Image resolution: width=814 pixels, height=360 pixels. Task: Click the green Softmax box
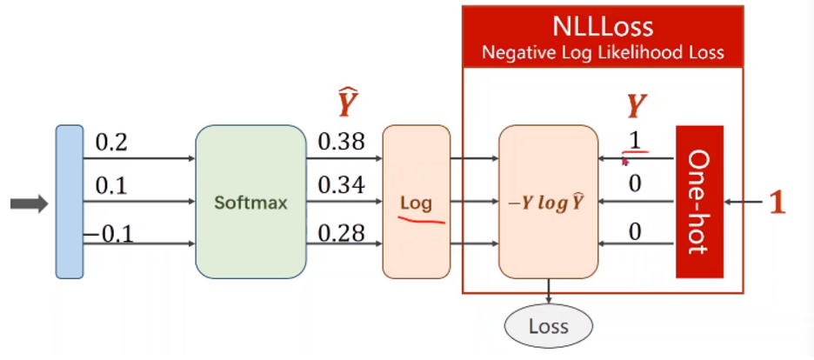[250, 203]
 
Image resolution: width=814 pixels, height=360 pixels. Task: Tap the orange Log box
[416, 203]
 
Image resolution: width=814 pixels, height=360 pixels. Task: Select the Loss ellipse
[548, 327]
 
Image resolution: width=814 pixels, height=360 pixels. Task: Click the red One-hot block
[699, 202]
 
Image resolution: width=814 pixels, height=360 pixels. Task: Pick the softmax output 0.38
[341, 142]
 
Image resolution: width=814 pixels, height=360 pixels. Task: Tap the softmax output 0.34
[341, 185]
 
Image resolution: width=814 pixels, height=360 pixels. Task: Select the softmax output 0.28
[341, 232]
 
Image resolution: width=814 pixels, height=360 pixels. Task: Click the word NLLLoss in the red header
[602, 25]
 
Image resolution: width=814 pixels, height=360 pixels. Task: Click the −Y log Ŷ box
[548, 203]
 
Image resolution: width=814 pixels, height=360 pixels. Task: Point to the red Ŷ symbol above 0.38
[347, 103]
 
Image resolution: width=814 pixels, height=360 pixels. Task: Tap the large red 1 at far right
[777, 203]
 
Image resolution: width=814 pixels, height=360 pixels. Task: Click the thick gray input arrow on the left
[28, 203]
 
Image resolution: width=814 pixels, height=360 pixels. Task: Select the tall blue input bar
[69, 202]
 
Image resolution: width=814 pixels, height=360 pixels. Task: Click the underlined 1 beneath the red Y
[636, 140]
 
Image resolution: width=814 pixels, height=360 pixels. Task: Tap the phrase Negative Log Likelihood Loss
[603, 53]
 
